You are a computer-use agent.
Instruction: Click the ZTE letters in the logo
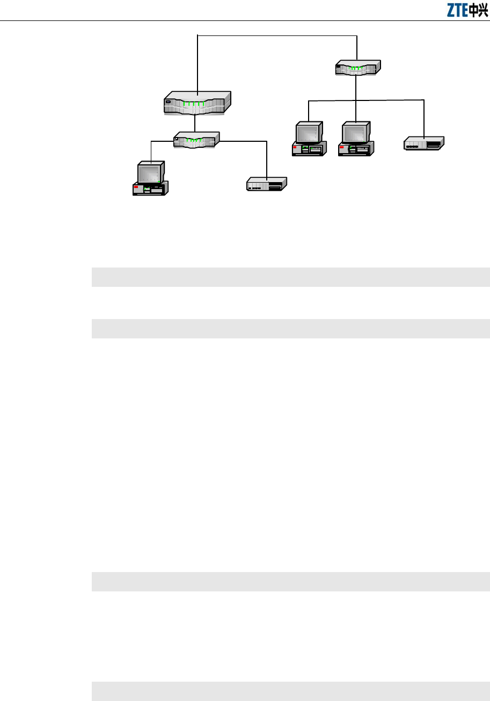[457, 10]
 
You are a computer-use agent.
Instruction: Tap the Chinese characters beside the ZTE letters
[478, 10]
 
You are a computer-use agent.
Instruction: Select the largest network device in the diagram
[197, 103]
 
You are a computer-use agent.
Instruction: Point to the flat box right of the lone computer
[267, 184]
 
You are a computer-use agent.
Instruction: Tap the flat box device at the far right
[424, 143]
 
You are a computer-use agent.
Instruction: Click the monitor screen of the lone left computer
[150, 174]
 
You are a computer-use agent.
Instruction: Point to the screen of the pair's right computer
[355, 132]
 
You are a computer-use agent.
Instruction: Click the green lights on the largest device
[193, 104]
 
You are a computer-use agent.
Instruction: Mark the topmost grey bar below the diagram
[290, 277]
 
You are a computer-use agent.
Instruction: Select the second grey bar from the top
[290, 328]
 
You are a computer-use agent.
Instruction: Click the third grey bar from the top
[290, 581]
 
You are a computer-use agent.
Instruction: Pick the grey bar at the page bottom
[290, 691]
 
